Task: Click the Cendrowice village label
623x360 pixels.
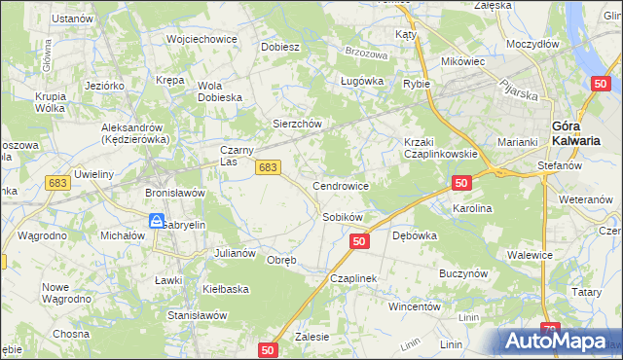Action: point(340,185)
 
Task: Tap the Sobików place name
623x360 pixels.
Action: point(343,217)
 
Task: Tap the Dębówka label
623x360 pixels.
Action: point(414,235)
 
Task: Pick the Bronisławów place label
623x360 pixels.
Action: point(175,193)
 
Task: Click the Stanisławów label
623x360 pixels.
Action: point(198,315)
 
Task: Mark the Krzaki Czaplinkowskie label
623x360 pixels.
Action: point(439,148)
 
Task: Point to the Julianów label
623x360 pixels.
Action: point(235,253)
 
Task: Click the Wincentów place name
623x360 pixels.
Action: point(415,306)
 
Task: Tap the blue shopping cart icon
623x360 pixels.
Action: point(156,223)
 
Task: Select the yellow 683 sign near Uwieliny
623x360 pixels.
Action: point(58,183)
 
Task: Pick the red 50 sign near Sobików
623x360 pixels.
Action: point(359,241)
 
